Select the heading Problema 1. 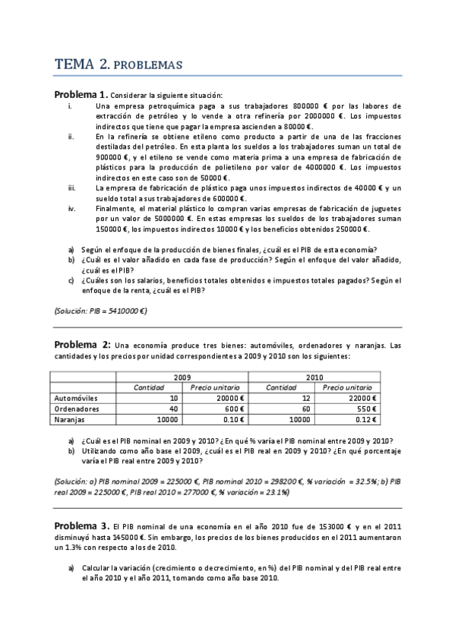[x=80, y=95]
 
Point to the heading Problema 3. [x=81, y=526]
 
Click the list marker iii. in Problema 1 [x=71, y=187]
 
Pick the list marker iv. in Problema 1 [x=71, y=207]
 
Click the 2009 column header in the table [x=182, y=377]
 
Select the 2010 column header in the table [x=314, y=377]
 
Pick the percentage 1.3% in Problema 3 [x=92, y=546]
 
